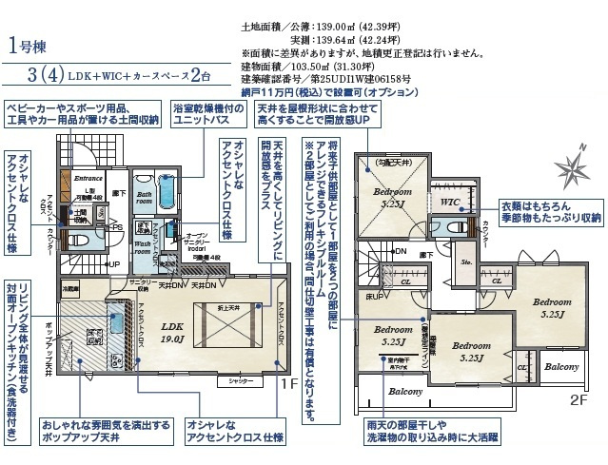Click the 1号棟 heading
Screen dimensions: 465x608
[x=29, y=45]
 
